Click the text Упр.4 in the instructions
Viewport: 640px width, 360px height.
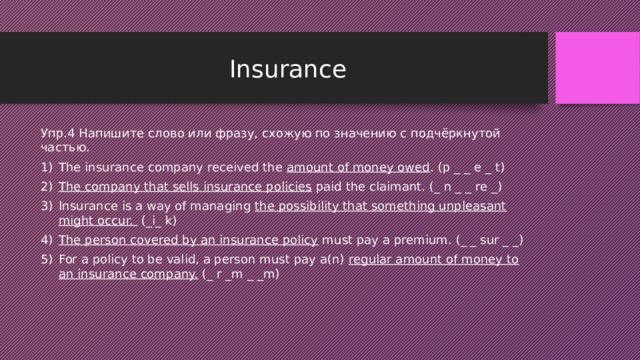[57, 133]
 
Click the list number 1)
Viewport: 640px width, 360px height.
[48, 167]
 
